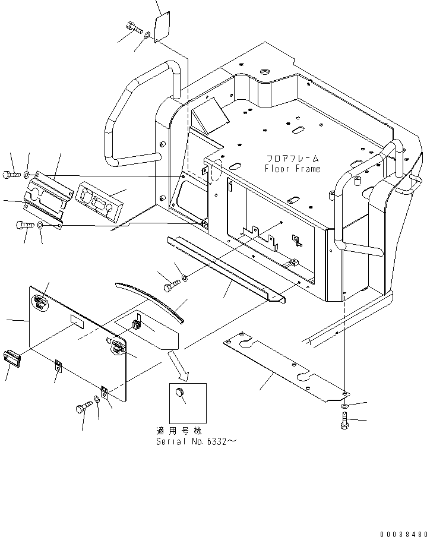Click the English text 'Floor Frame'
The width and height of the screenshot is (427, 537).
292,169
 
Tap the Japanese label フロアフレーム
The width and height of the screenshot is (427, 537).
292,159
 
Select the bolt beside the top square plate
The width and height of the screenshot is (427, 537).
134,27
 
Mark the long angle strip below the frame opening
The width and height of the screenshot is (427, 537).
226,268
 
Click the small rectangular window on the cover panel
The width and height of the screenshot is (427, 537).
78,323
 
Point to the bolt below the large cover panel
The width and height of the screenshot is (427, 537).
83,409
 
